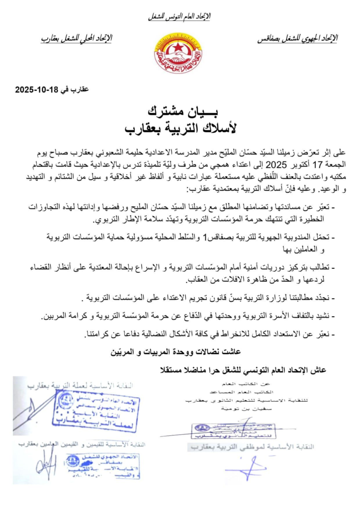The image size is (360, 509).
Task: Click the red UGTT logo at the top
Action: click(179, 53)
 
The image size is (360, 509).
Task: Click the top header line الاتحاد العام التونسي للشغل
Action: click(180, 17)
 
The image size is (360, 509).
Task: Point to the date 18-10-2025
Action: click(38, 90)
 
